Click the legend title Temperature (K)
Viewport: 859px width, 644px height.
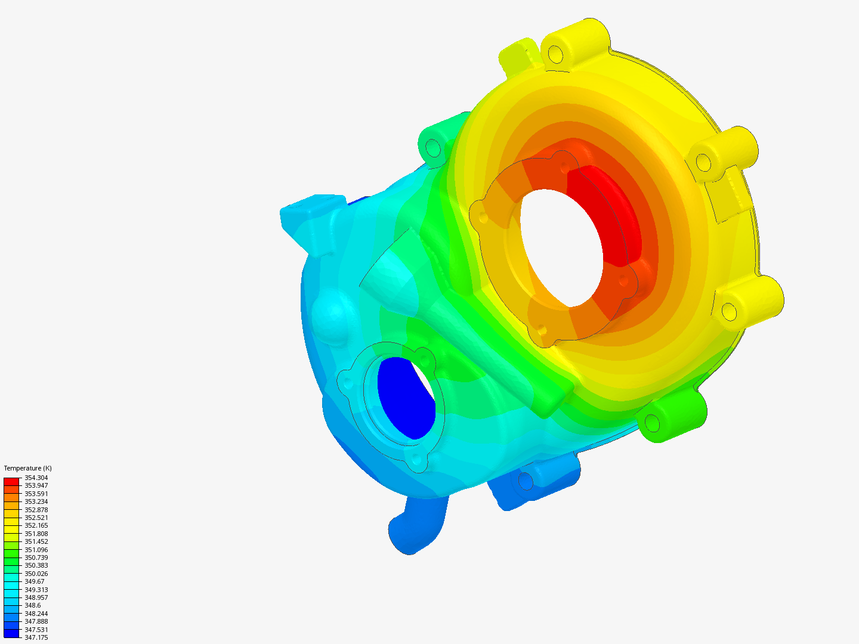[27, 468]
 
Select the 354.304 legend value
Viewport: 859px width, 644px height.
[36, 478]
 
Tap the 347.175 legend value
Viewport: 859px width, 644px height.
[36, 637]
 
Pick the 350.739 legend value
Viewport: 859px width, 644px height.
[36, 558]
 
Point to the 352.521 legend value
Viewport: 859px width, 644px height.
[36, 518]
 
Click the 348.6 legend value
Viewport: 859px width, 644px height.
[32, 605]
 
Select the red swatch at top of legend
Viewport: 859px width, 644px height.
[11, 481]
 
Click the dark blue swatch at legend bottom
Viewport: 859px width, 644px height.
[11, 633]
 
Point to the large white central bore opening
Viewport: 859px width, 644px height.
[561, 247]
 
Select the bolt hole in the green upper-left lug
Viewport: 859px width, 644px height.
[432, 147]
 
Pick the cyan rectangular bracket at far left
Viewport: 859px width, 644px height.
[310, 215]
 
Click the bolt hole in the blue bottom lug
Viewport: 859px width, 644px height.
[526, 480]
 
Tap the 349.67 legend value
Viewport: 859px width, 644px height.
[34, 581]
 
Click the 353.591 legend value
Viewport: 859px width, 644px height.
[36, 494]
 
